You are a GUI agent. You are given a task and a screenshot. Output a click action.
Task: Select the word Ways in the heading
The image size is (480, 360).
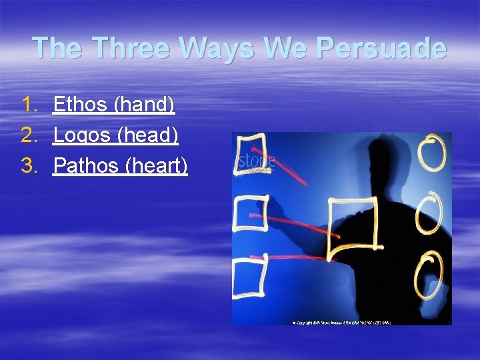click(x=209, y=48)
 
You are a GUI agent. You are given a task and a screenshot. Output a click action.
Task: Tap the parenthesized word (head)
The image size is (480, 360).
click(x=147, y=135)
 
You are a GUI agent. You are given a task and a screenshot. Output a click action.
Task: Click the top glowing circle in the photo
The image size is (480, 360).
click(x=432, y=153)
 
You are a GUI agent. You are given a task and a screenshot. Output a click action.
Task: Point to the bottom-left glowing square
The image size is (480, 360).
click(x=250, y=276)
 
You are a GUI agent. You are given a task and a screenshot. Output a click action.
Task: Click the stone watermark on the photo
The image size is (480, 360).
click(x=257, y=162)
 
